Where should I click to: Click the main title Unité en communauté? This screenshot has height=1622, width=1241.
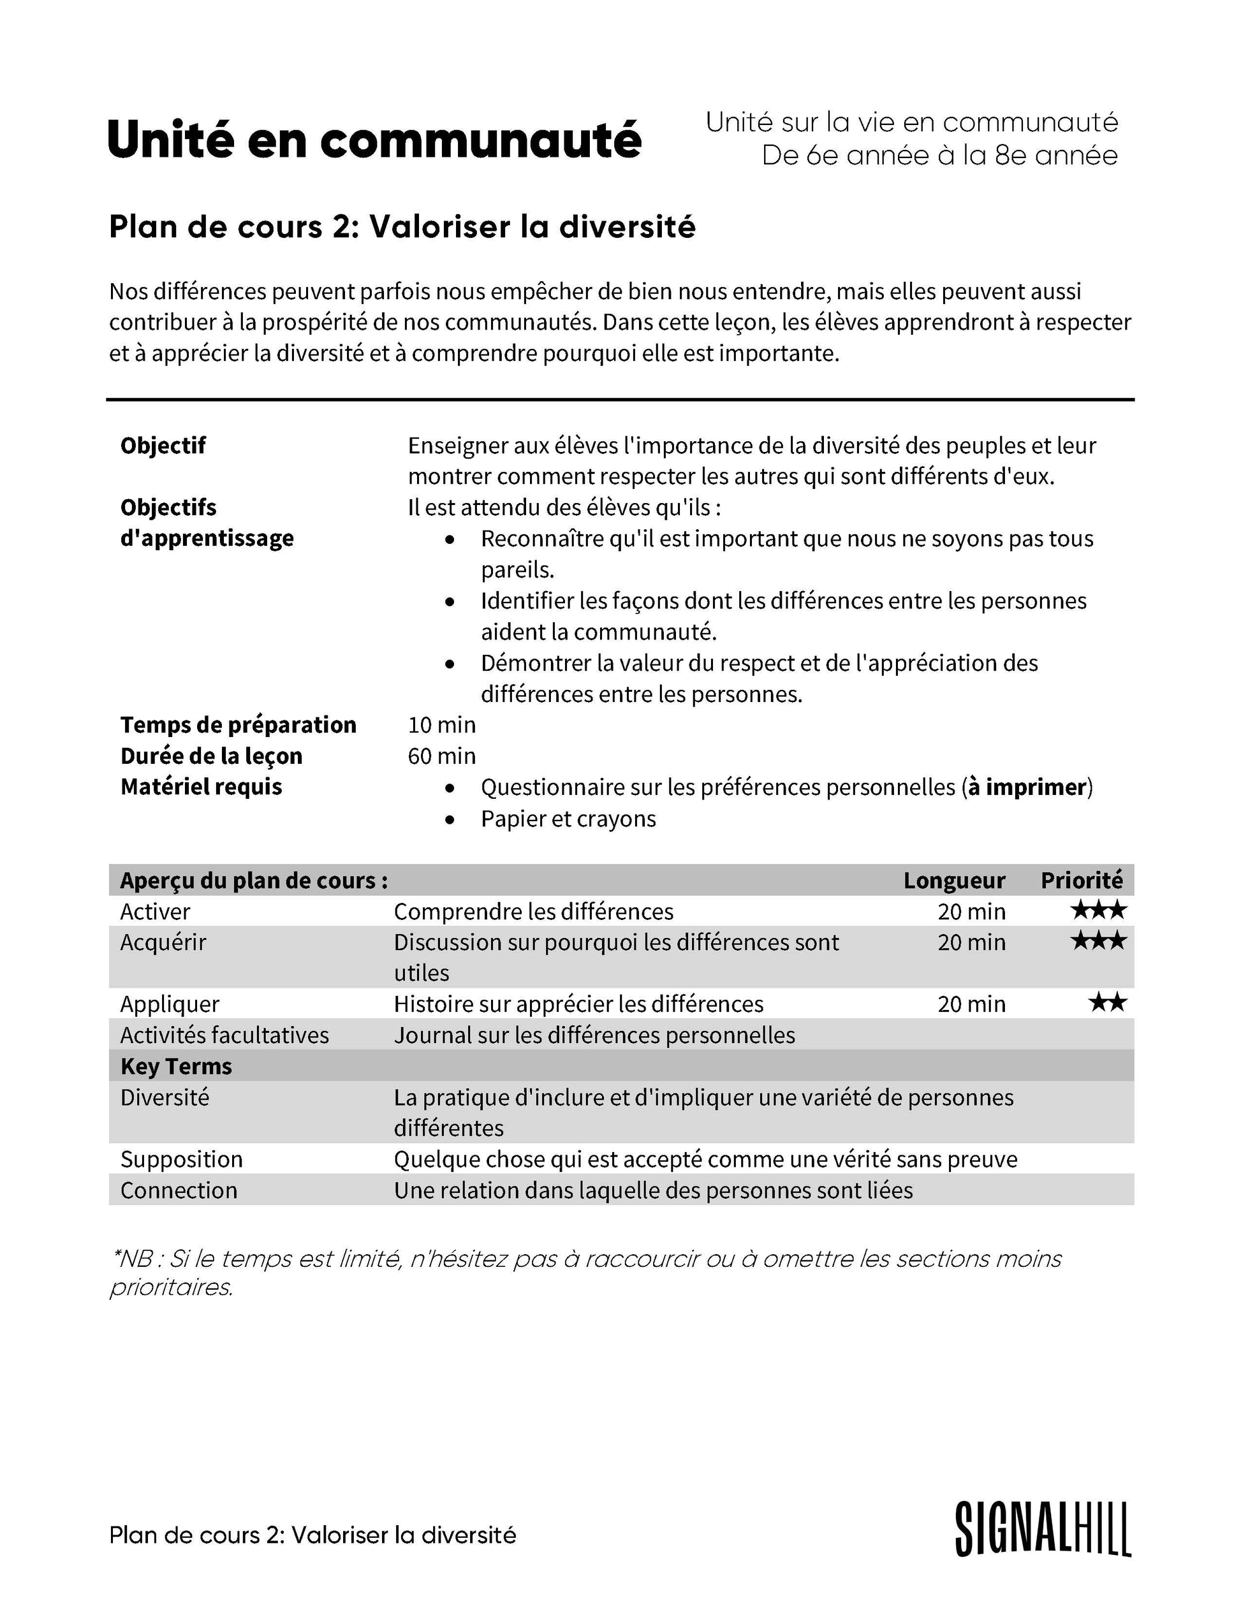(x=374, y=140)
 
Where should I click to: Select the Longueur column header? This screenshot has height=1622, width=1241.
(x=953, y=880)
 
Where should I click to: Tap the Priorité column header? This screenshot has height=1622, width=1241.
(x=1081, y=880)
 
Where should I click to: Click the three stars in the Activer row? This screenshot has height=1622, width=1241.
(x=1098, y=910)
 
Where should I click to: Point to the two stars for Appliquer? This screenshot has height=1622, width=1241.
(x=1106, y=1003)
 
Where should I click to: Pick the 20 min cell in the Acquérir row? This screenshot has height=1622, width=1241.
(x=971, y=942)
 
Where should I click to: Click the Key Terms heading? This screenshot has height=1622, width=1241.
(x=176, y=1067)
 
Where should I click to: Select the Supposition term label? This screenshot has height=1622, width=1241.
(x=181, y=1159)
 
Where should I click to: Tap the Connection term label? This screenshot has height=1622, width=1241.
(x=179, y=1190)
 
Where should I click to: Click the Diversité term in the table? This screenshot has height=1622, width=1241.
(x=165, y=1097)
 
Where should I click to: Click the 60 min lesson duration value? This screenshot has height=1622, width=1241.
(x=442, y=756)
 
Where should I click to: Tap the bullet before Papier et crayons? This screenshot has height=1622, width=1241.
(x=450, y=819)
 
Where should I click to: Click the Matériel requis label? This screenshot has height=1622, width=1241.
(x=201, y=787)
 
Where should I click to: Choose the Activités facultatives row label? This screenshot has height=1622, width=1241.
(x=224, y=1035)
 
